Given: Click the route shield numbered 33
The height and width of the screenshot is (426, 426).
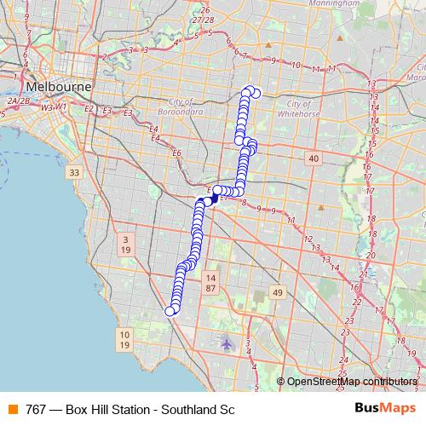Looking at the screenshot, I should click(74, 172).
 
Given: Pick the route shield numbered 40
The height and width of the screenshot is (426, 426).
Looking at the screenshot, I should click(314, 158).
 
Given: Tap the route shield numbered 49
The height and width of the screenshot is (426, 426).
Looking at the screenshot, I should click(277, 293).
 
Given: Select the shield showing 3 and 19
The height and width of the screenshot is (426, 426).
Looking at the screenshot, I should click(124, 245).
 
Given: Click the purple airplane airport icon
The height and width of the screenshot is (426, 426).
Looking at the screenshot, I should click(226, 344).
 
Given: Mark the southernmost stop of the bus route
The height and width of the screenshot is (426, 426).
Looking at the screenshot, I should click(170, 311).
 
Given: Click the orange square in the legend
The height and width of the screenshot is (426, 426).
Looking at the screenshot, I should click(13, 408).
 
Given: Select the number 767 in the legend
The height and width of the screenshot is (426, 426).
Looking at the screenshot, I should click(37, 408).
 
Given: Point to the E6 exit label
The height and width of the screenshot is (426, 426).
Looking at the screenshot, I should click(176, 153).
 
